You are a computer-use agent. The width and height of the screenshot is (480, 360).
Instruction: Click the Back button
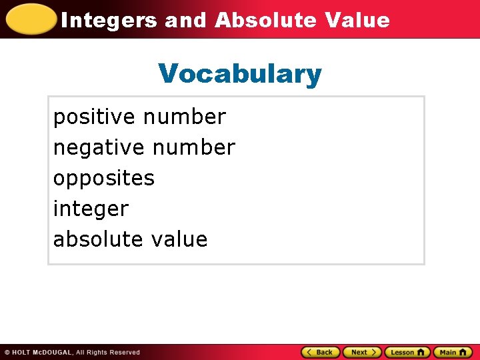(x=321, y=352)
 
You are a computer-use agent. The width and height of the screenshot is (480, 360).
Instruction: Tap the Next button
(x=362, y=352)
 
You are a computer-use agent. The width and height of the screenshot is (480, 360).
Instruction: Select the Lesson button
(x=407, y=352)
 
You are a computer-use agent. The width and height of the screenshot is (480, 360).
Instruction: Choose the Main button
(x=453, y=352)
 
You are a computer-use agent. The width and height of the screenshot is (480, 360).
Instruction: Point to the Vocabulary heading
(x=240, y=73)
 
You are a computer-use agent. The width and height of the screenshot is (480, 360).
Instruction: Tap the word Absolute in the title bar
(x=265, y=20)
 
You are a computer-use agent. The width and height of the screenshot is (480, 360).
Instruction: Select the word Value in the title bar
(x=357, y=20)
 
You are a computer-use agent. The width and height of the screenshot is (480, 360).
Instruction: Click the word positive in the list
(x=94, y=117)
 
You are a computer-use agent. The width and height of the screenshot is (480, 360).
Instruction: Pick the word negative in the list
(x=97, y=147)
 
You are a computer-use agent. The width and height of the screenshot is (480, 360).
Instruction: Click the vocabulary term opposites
(x=104, y=178)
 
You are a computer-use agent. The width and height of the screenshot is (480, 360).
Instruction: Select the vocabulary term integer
(x=91, y=209)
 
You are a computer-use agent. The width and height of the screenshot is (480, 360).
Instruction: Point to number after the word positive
(x=185, y=117)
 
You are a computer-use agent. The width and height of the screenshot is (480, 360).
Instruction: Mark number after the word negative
(x=194, y=147)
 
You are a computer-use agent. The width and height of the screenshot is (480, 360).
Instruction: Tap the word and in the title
(x=186, y=20)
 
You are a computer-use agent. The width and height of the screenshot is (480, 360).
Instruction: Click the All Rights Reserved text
(x=107, y=352)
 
